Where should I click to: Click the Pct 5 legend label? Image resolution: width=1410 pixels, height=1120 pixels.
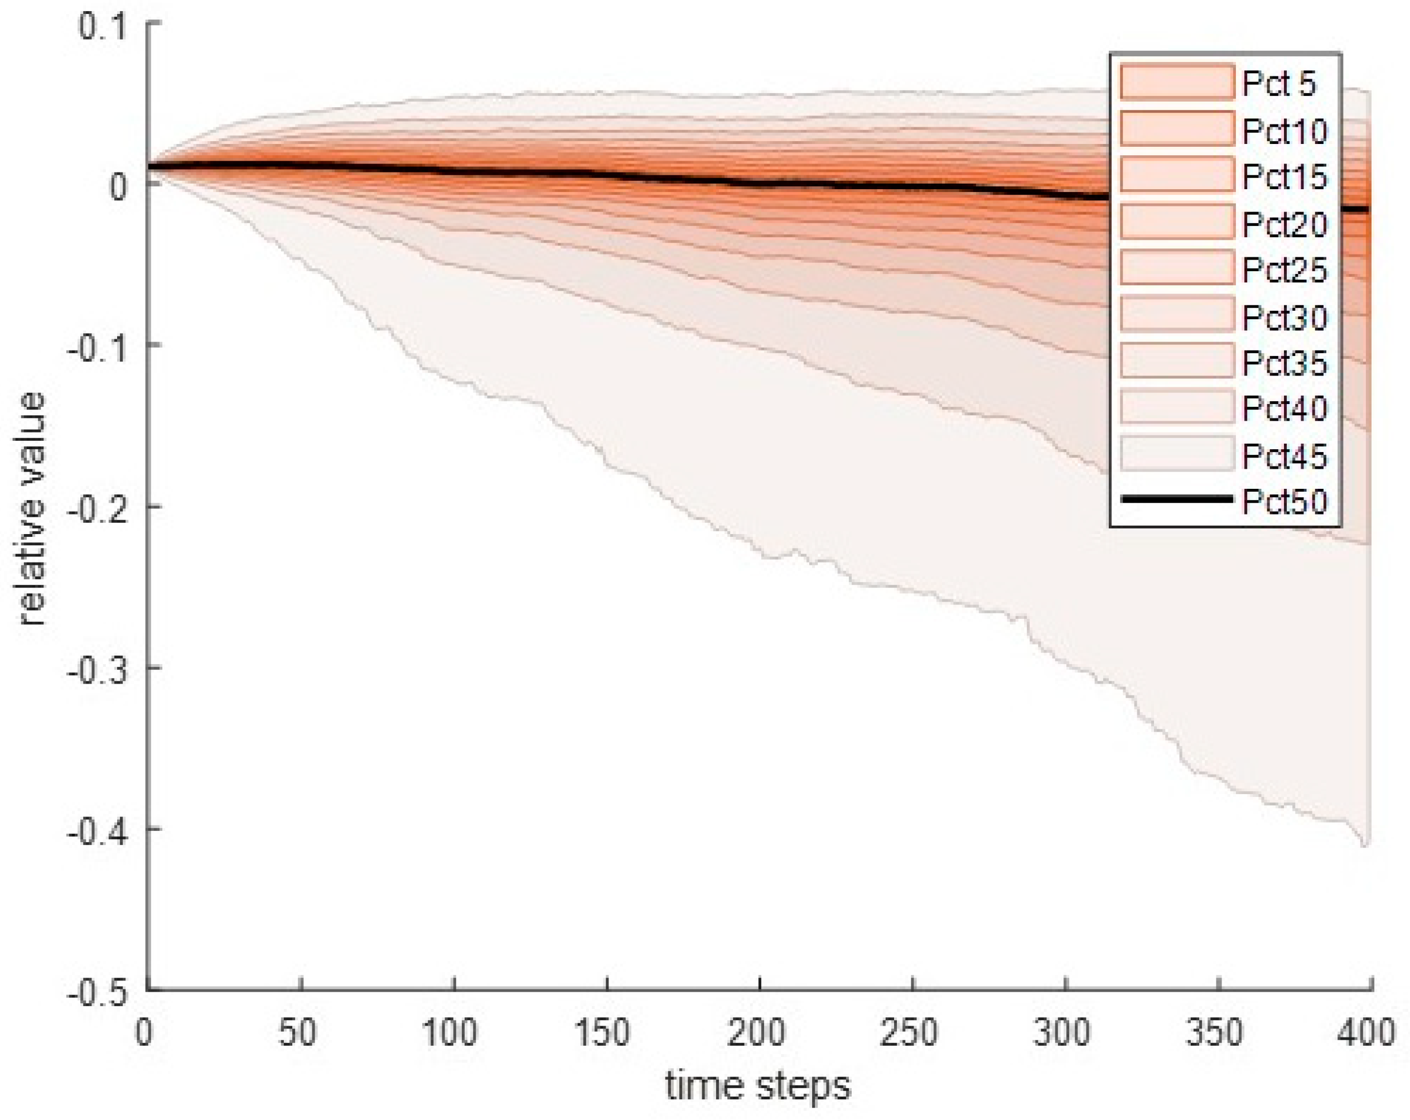point(1279,84)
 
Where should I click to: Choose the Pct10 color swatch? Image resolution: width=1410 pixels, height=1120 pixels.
point(1176,129)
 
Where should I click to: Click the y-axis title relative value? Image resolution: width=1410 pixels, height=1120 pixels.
point(31,508)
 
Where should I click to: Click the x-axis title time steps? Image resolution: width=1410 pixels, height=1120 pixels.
point(758,1086)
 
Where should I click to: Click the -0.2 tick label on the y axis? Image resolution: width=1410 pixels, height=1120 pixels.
point(95,508)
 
